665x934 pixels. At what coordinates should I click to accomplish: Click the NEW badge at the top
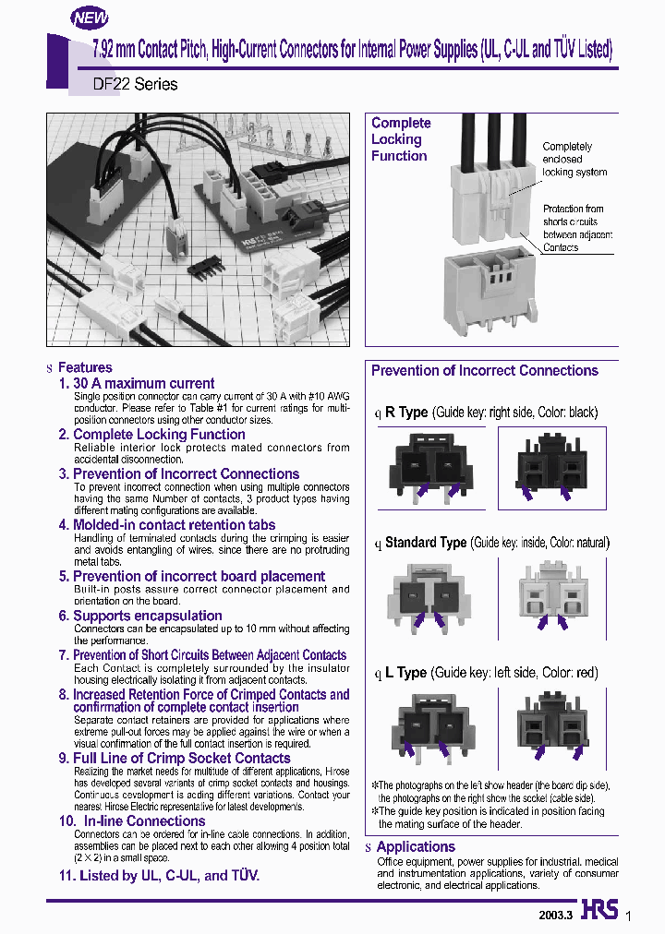click(x=90, y=17)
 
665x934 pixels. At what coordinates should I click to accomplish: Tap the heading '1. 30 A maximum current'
click(x=136, y=383)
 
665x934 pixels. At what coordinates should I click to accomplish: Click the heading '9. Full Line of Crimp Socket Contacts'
click(x=175, y=758)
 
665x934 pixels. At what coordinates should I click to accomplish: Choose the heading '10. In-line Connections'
click(x=132, y=820)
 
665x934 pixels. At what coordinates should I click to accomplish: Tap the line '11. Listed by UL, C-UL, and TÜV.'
click(x=159, y=876)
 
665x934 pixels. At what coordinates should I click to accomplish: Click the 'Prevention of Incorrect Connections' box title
click(x=485, y=371)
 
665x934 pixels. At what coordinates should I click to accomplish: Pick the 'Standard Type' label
click(x=426, y=543)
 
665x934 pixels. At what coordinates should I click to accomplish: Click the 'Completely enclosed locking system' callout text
click(x=574, y=159)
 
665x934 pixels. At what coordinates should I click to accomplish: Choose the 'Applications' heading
click(x=416, y=846)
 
